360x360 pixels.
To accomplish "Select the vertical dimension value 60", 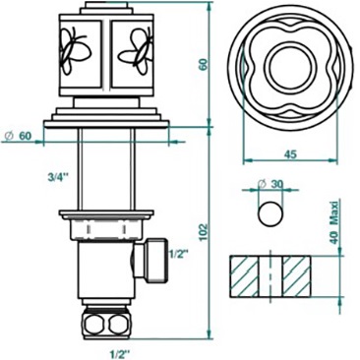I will click(x=204, y=65).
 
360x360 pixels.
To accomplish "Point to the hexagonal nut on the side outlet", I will click(x=154, y=260).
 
